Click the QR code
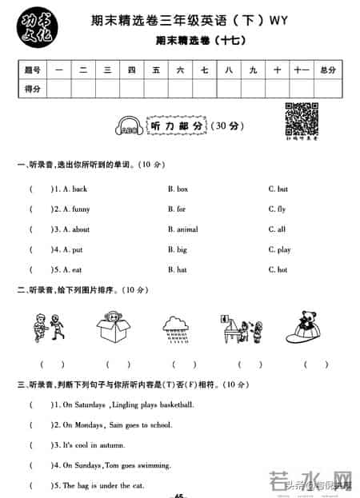pos(298,117)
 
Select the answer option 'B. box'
pos(178,189)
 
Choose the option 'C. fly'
pos(277,209)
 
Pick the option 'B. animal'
pos(182,229)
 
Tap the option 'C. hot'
pos(278,270)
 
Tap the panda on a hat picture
pos(306,325)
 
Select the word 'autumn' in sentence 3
pos(110,444)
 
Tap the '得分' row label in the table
pos(33,88)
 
